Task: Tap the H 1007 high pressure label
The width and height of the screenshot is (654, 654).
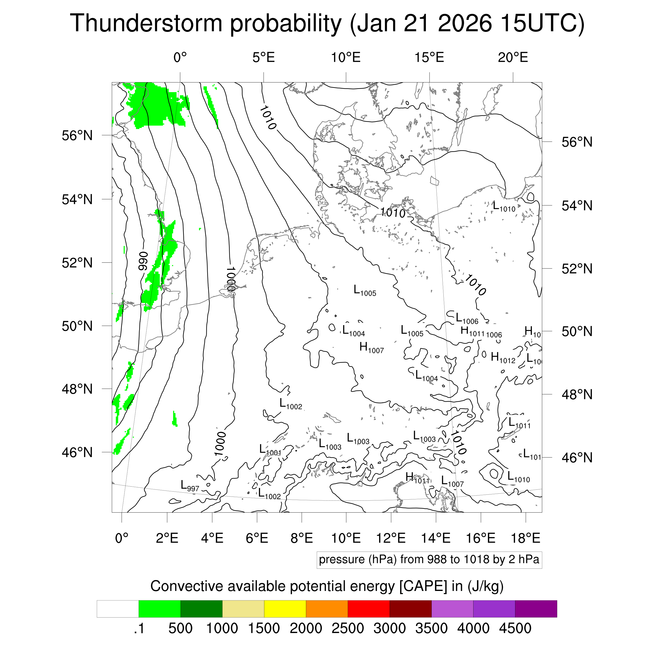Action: coord(371,347)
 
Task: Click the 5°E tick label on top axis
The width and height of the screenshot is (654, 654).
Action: coord(263,58)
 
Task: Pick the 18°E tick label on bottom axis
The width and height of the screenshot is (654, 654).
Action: coord(525,538)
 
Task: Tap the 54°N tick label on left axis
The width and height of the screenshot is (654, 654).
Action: coord(77,199)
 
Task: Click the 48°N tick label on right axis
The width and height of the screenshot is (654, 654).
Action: coord(577,395)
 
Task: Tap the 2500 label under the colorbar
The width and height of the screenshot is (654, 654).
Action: coord(348,628)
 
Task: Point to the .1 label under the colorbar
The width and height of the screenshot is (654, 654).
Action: coord(139,628)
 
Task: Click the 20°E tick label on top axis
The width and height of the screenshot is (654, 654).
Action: coord(512,58)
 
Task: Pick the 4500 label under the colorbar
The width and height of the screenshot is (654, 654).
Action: coord(515,628)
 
